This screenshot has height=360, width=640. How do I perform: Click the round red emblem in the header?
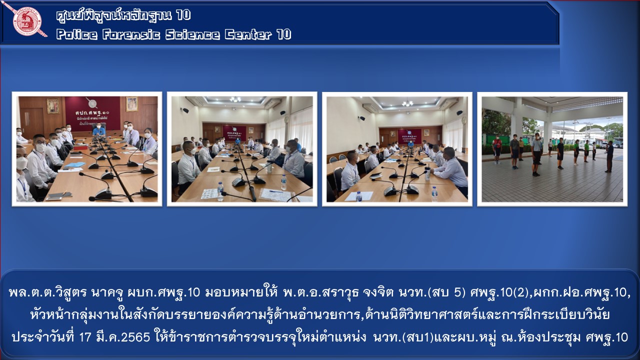pyautogui.click(x=27, y=21)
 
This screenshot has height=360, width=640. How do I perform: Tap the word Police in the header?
pyautogui.click(x=77, y=34)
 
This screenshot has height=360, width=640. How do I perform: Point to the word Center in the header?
pyautogui.click(x=248, y=34)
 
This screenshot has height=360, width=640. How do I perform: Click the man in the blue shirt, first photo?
pyautogui.click(x=99, y=129)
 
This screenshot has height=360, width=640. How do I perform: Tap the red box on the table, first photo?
pyautogui.click(x=81, y=147)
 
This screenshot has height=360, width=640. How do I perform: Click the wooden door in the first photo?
pyautogui.click(x=32, y=122)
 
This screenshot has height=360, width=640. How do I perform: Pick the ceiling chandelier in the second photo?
pyautogui.click(x=235, y=99)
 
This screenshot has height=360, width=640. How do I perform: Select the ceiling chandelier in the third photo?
pyautogui.click(x=407, y=103)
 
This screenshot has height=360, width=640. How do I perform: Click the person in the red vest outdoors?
pyautogui.click(x=497, y=149)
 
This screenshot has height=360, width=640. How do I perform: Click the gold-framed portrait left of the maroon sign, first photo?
pyautogui.click(x=53, y=106)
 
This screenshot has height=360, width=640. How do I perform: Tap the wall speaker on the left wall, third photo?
pyautogui.click(x=361, y=117)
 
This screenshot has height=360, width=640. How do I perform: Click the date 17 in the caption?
pyautogui.click(x=85, y=337)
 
